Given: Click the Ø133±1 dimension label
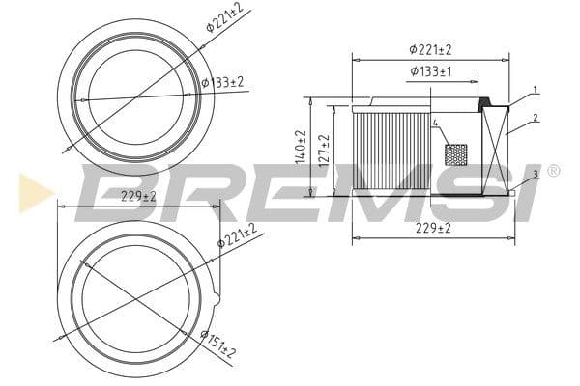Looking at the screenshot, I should [431, 70].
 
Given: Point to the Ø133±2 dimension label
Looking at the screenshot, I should [223, 82].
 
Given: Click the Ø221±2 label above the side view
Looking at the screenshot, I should [431, 48].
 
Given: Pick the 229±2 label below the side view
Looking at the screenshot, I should [433, 228].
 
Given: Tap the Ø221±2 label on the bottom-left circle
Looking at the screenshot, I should [237, 235].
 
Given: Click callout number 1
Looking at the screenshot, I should [536, 90].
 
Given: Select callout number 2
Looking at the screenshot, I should [536, 118].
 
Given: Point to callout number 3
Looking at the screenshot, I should [536, 175].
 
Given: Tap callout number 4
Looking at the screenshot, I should [436, 124].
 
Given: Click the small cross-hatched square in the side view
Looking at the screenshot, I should [455, 154].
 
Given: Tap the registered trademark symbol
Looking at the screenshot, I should [553, 171].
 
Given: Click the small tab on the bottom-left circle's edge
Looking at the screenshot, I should [217, 298].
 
